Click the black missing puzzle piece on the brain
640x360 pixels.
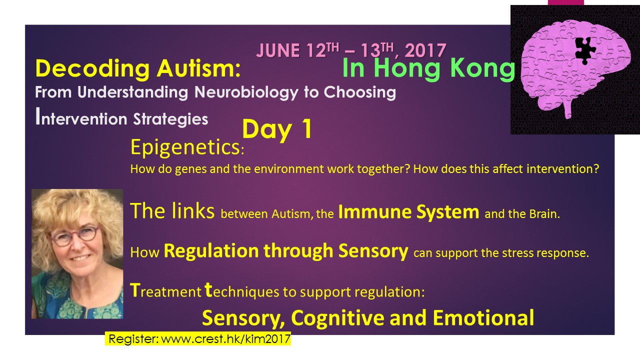click(584, 50)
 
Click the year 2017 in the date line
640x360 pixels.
click(425, 50)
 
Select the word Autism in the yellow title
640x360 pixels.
click(198, 68)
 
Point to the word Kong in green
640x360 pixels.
click(482, 68)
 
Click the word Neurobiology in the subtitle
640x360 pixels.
click(246, 92)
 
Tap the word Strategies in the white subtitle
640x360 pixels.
click(170, 119)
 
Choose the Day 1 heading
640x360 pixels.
click(276, 129)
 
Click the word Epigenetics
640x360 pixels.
click(185, 147)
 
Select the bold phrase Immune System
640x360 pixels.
click(408, 212)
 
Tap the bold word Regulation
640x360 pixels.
click(211, 251)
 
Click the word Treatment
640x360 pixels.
click(165, 290)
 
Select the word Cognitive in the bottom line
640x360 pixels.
click(337, 317)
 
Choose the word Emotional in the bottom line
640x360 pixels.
click(483, 317)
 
